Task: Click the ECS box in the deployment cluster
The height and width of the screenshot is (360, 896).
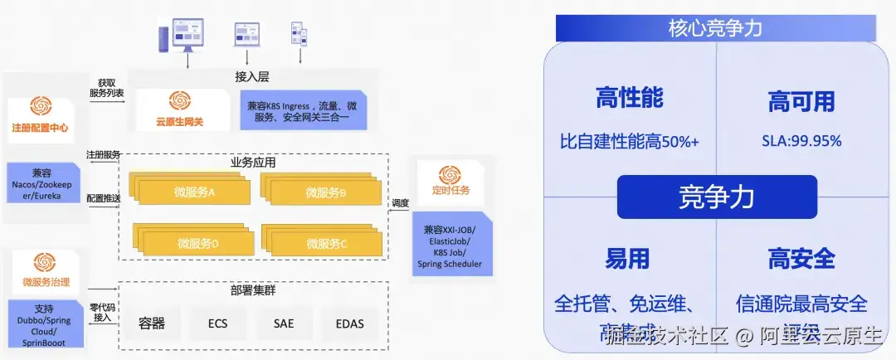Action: click(218, 323)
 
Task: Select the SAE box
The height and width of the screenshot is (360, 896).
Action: click(283, 323)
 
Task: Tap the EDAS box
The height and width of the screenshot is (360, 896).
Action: click(348, 323)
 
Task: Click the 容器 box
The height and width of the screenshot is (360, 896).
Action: click(153, 323)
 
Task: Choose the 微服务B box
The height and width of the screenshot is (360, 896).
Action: click(324, 192)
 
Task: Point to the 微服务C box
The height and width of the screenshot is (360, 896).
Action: click(324, 243)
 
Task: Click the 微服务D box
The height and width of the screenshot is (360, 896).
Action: click(196, 243)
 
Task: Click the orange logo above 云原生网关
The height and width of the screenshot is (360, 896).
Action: click(179, 101)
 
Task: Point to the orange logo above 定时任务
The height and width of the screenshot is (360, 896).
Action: click(450, 174)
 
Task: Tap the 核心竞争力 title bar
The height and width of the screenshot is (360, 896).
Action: click(715, 28)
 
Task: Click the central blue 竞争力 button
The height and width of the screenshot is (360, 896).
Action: click(716, 197)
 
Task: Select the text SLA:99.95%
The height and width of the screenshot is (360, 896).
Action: click(801, 141)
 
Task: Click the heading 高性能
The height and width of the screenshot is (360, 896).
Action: click(629, 98)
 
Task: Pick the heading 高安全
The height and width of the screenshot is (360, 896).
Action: click(801, 259)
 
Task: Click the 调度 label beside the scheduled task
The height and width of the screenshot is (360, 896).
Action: click(400, 202)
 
